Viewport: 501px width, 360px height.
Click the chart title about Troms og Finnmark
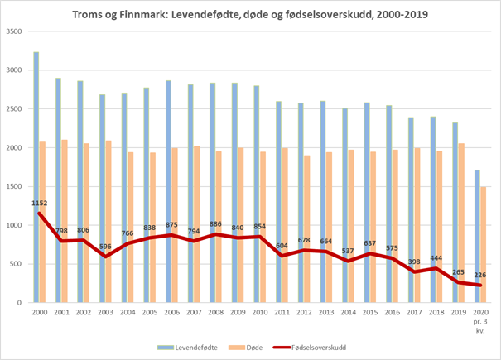click(250, 14)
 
